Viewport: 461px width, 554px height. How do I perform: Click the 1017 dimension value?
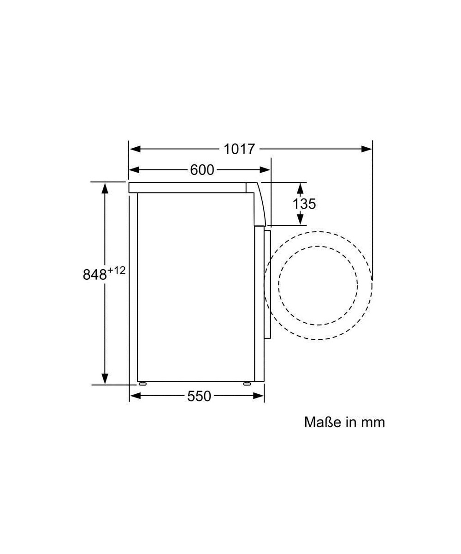(x=239, y=149)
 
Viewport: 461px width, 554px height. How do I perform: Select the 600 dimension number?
(x=202, y=170)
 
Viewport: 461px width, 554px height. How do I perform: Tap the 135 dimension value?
(x=304, y=204)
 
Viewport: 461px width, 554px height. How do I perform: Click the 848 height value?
(x=95, y=274)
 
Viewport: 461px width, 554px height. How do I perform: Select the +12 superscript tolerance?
(x=116, y=271)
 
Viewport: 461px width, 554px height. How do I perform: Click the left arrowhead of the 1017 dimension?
(x=135, y=149)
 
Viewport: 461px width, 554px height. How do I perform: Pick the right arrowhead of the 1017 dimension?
(x=366, y=149)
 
